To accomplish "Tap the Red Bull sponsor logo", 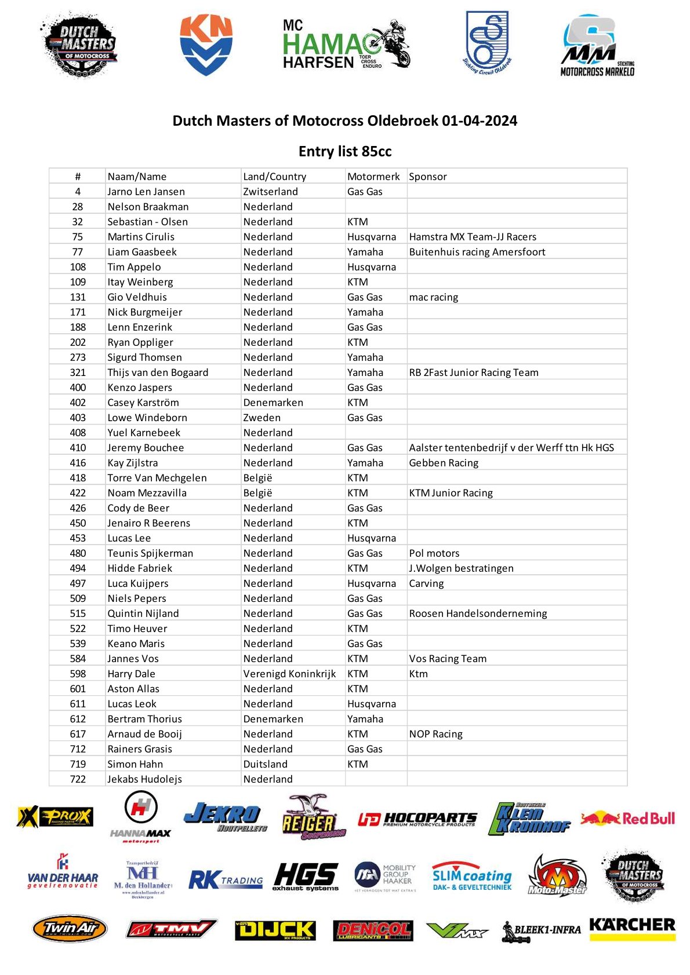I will pyautogui.click(x=628, y=819).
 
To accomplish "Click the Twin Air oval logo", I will pyautogui.click(x=70, y=929).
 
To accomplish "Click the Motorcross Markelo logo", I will pyautogui.click(x=597, y=47).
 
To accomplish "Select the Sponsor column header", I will pyautogui.click(x=428, y=177).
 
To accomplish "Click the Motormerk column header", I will pyautogui.click(x=373, y=177).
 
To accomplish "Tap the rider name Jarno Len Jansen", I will pyautogui.click(x=146, y=192).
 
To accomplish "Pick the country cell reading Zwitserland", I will pyautogui.click(x=270, y=192).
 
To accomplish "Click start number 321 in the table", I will pyautogui.click(x=78, y=373).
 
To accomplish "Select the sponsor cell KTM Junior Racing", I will pyautogui.click(x=451, y=493).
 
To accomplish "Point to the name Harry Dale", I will pyautogui.click(x=131, y=674).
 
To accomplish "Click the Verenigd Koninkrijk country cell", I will pyautogui.click(x=289, y=674).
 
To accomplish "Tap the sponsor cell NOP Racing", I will pyautogui.click(x=435, y=734).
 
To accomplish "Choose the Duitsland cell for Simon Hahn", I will pyautogui.click(x=265, y=764).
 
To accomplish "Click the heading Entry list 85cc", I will pyautogui.click(x=345, y=151).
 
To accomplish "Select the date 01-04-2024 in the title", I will pyautogui.click(x=479, y=120).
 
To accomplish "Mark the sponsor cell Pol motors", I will pyautogui.click(x=434, y=553).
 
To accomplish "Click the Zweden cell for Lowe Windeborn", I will pyautogui.click(x=262, y=418).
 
